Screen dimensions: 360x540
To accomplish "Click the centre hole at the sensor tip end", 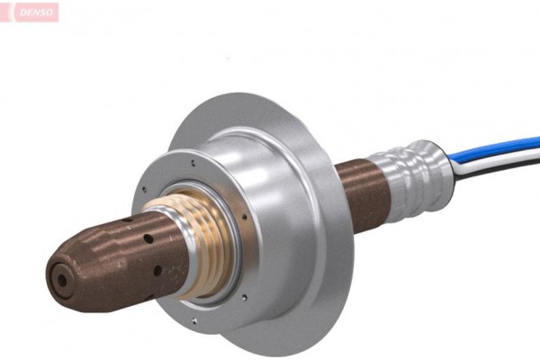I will (61, 280).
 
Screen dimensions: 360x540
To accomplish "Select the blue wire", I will (504, 147).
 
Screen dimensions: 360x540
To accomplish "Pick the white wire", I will (504, 155).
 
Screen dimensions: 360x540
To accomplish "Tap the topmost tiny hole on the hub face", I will (193, 164).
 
